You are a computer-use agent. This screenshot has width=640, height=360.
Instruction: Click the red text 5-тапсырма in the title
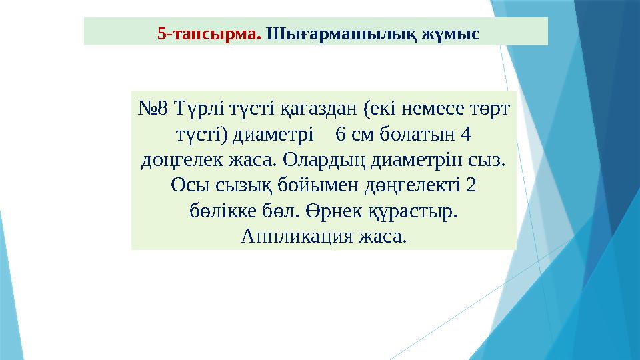[209, 32]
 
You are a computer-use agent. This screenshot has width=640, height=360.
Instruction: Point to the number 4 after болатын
[466, 134]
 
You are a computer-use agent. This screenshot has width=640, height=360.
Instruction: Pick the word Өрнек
[331, 211]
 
